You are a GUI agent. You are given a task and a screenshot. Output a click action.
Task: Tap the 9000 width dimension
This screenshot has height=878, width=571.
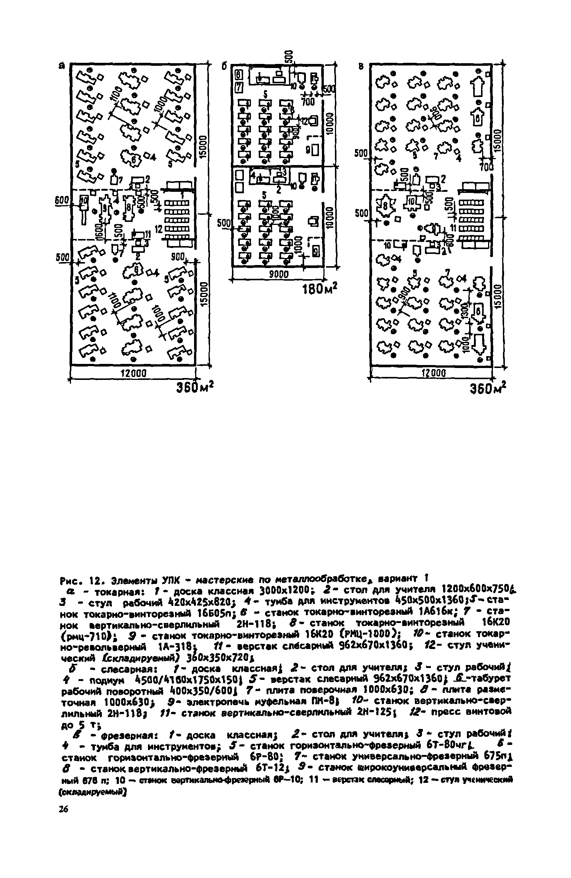tap(278, 274)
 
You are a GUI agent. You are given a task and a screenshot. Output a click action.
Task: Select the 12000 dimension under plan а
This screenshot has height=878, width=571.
tap(133, 372)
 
